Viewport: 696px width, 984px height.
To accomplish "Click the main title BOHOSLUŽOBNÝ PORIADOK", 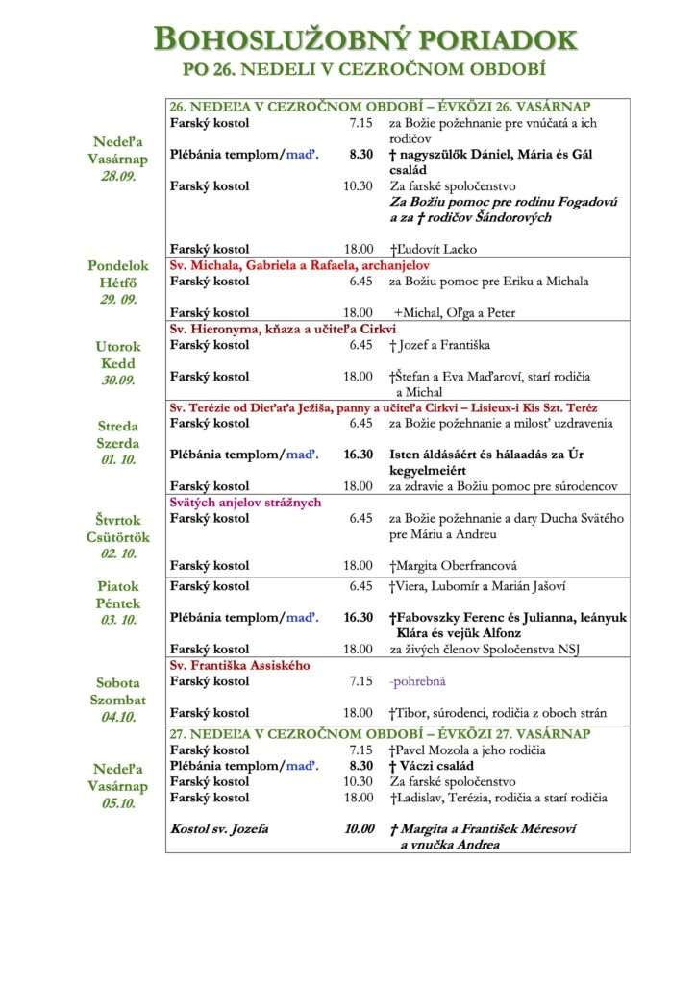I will click(366, 40).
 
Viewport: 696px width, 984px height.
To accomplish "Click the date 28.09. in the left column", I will click(119, 176).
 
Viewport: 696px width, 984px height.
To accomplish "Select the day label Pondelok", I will click(119, 265).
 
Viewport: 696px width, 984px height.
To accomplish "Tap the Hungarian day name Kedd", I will click(118, 363).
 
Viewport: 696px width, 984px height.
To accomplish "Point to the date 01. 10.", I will click(119, 459).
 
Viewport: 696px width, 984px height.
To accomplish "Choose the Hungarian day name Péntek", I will click(118, 603).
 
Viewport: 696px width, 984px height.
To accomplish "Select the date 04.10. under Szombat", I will click(119, 716).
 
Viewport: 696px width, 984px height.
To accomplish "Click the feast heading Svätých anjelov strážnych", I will click(245, 503).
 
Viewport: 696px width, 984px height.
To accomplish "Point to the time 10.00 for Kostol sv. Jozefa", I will click(359, 828).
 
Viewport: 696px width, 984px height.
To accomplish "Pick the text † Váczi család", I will click(432, 766).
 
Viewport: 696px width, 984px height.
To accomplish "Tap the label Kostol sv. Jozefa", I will click(219, 828).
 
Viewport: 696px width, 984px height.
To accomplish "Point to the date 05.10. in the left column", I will click(119, 803).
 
